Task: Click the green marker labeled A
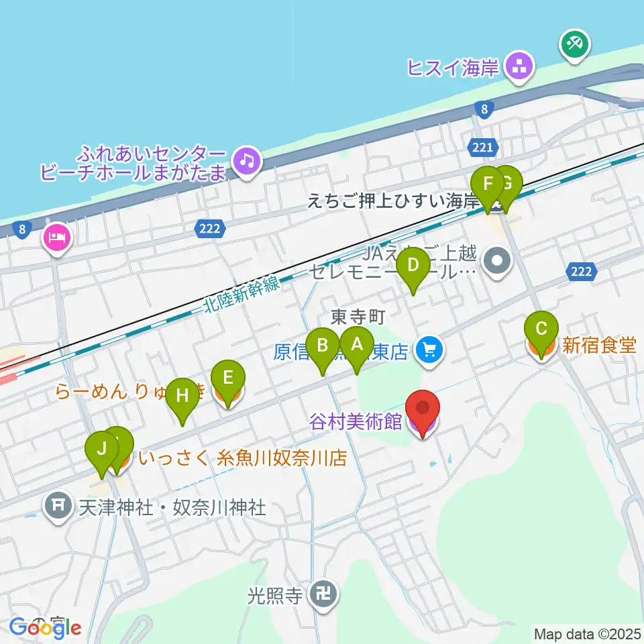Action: click(x=357, y=345)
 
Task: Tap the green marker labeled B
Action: click(x=323, y=346)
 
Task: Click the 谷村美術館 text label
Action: click(x=356, y=422)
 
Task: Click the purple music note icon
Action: click(x=247, y=160)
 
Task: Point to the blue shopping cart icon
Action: click(x=429, y=350)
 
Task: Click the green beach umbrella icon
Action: click(x=575, y=45)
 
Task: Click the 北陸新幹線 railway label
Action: click(x=240, y=296)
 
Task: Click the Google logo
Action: click(x=46, y=628)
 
